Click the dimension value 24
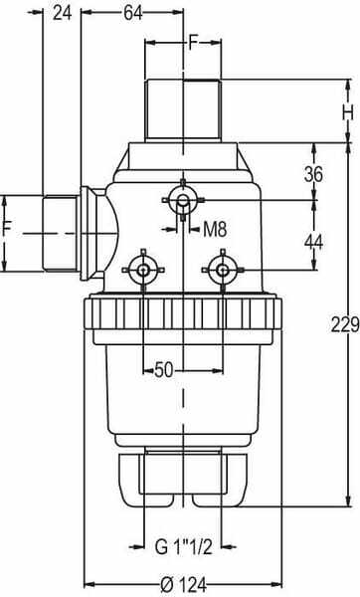tap(62, 13)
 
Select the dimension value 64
tap(133, 13)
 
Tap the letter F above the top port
tap(194, 43)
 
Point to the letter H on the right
tap(348, 113)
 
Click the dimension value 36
tap(313, 174)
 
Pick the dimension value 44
tap(313, 242)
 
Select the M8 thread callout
tap(215, 229)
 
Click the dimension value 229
tap(345, 324)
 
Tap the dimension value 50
tap(164, 370)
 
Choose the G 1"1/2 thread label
tap(183, 547)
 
